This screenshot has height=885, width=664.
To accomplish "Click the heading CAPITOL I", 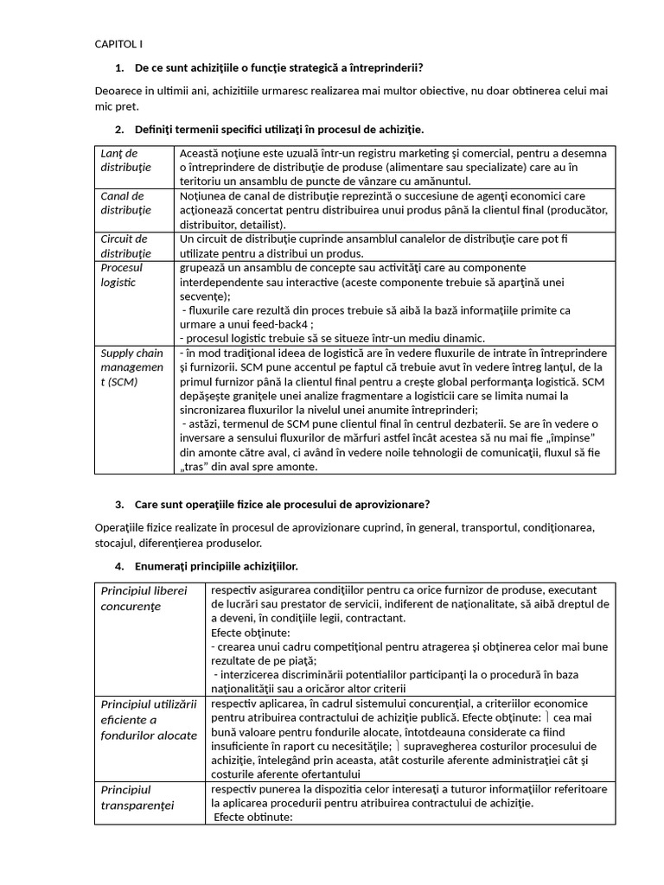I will point(118,44).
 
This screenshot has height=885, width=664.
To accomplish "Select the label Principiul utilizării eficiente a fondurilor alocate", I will point(149,719).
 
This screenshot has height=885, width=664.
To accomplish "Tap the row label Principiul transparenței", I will point(137,798).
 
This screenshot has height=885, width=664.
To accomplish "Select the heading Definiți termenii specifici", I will point(278,130).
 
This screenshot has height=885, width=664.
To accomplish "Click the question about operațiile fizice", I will point(282,505).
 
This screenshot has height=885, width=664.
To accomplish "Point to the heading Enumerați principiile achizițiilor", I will point(216,566).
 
